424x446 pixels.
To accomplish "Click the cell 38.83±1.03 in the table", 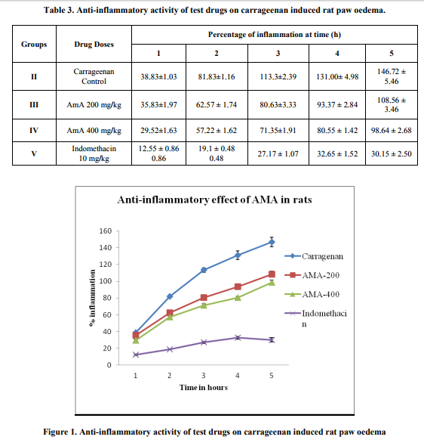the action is [x=158, y=76].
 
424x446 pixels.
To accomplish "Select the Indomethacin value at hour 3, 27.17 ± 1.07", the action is [x=278, y=154].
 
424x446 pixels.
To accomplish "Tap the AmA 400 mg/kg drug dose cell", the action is [x=94, y=131].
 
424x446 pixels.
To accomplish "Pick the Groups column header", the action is [x=34, y=45].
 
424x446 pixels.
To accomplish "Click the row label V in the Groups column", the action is [x=34, y=154].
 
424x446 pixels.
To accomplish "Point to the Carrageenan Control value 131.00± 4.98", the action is [x=337, y=76].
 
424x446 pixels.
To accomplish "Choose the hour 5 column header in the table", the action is [x=392, y=54].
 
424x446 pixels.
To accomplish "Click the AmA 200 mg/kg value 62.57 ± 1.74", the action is [x=217, y=104].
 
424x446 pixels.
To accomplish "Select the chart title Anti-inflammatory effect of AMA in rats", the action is [x=214, y=200].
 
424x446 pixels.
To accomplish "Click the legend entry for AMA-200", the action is [x=312, y=275].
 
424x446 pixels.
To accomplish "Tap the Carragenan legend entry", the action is [x=314, y=256].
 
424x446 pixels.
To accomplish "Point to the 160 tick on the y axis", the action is [x=106, y=231].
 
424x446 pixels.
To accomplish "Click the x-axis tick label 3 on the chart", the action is [x=204, y=376].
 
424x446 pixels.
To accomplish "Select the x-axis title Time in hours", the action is [x=204, y=387].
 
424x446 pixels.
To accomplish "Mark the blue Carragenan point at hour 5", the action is [x=272, y=242].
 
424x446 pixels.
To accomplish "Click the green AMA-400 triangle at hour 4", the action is [x=238, y=298].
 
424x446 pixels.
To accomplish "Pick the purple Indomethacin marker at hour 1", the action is [x=136, y=355].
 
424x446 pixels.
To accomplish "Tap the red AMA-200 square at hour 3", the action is [x=204, y=298].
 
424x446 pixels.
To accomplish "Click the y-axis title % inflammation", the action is [x=92, y=298].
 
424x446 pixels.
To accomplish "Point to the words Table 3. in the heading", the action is [x=59, y=11].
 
